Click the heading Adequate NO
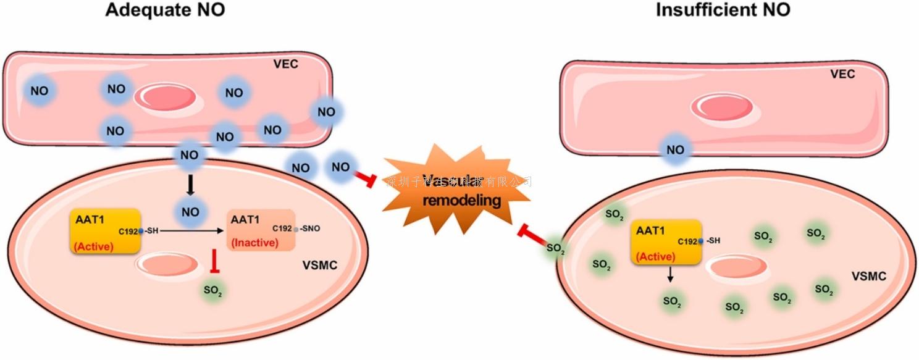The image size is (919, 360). pos(165,10)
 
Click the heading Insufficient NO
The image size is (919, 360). pos(723,10)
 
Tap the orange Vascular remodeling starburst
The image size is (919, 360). pos(457,191)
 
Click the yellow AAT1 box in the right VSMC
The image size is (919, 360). pos(666,241)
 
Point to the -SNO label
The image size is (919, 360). pos(309,228)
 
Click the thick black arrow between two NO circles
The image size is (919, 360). pos(191,184)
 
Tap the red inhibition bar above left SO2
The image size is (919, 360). pos(213,261)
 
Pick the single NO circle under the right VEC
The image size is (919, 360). pos(676,150)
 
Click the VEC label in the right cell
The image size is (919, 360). pos(842,74)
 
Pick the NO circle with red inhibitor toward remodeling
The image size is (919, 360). pos(341,167)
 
